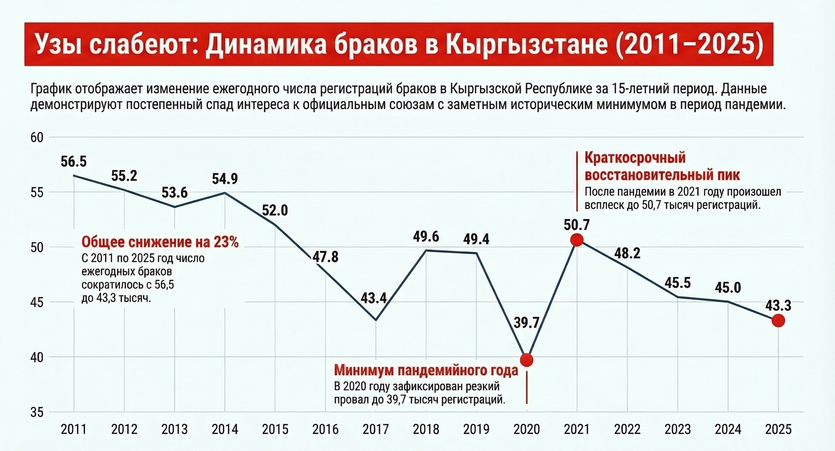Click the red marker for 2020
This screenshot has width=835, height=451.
coord(526,360)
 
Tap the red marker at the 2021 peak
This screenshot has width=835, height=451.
coord(577,240)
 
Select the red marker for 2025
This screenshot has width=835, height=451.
coord(778,321)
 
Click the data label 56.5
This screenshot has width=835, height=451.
coord(73,162)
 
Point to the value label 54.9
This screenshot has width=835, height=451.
coord(225,179)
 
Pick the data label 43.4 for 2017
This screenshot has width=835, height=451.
coord(374,298)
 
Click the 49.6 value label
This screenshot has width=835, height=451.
coord(426,237)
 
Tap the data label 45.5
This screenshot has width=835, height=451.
coord(678,283)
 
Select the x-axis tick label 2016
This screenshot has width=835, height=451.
coord(325,429)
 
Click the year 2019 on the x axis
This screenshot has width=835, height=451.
coord(476,429)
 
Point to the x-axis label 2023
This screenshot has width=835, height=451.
coord(678,429)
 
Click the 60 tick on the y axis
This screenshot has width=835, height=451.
coord(37,137)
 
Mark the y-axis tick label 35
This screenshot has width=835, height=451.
coord(37,413)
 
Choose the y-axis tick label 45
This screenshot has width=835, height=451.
coord(37,302)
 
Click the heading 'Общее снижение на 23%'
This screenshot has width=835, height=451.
coord(160,242)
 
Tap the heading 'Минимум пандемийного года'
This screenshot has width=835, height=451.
coord(426,370)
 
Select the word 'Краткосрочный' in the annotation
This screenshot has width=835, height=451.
coord(635,158)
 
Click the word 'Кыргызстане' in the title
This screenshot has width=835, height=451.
coord(525,45)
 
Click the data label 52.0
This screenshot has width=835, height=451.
coord(275,210)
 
